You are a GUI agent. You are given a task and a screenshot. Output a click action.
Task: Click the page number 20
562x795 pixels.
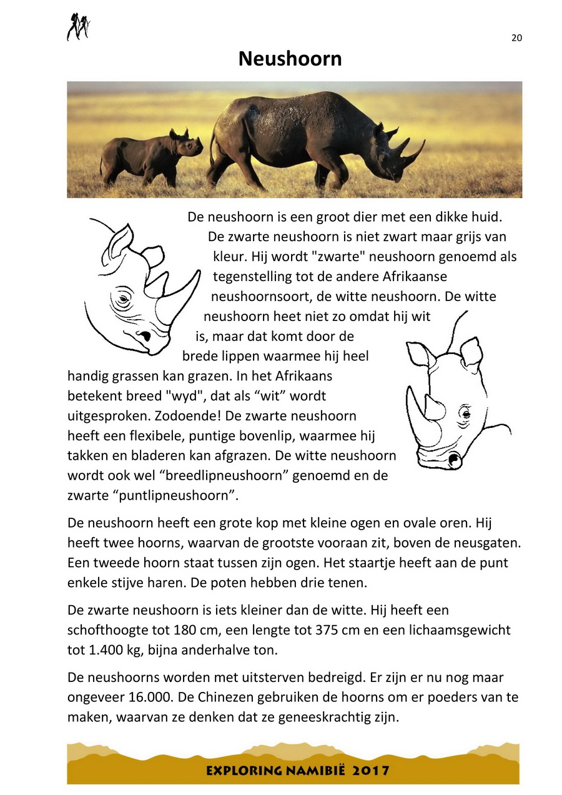(516, 37)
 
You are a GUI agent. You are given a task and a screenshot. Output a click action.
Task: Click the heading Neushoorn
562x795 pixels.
(290, 59)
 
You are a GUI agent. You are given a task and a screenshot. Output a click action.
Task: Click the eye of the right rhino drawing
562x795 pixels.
(465, 413)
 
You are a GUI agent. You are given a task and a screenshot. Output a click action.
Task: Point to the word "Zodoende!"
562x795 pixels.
(131, 415)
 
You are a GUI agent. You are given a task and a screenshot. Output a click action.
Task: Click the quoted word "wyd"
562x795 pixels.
(164, 395)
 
